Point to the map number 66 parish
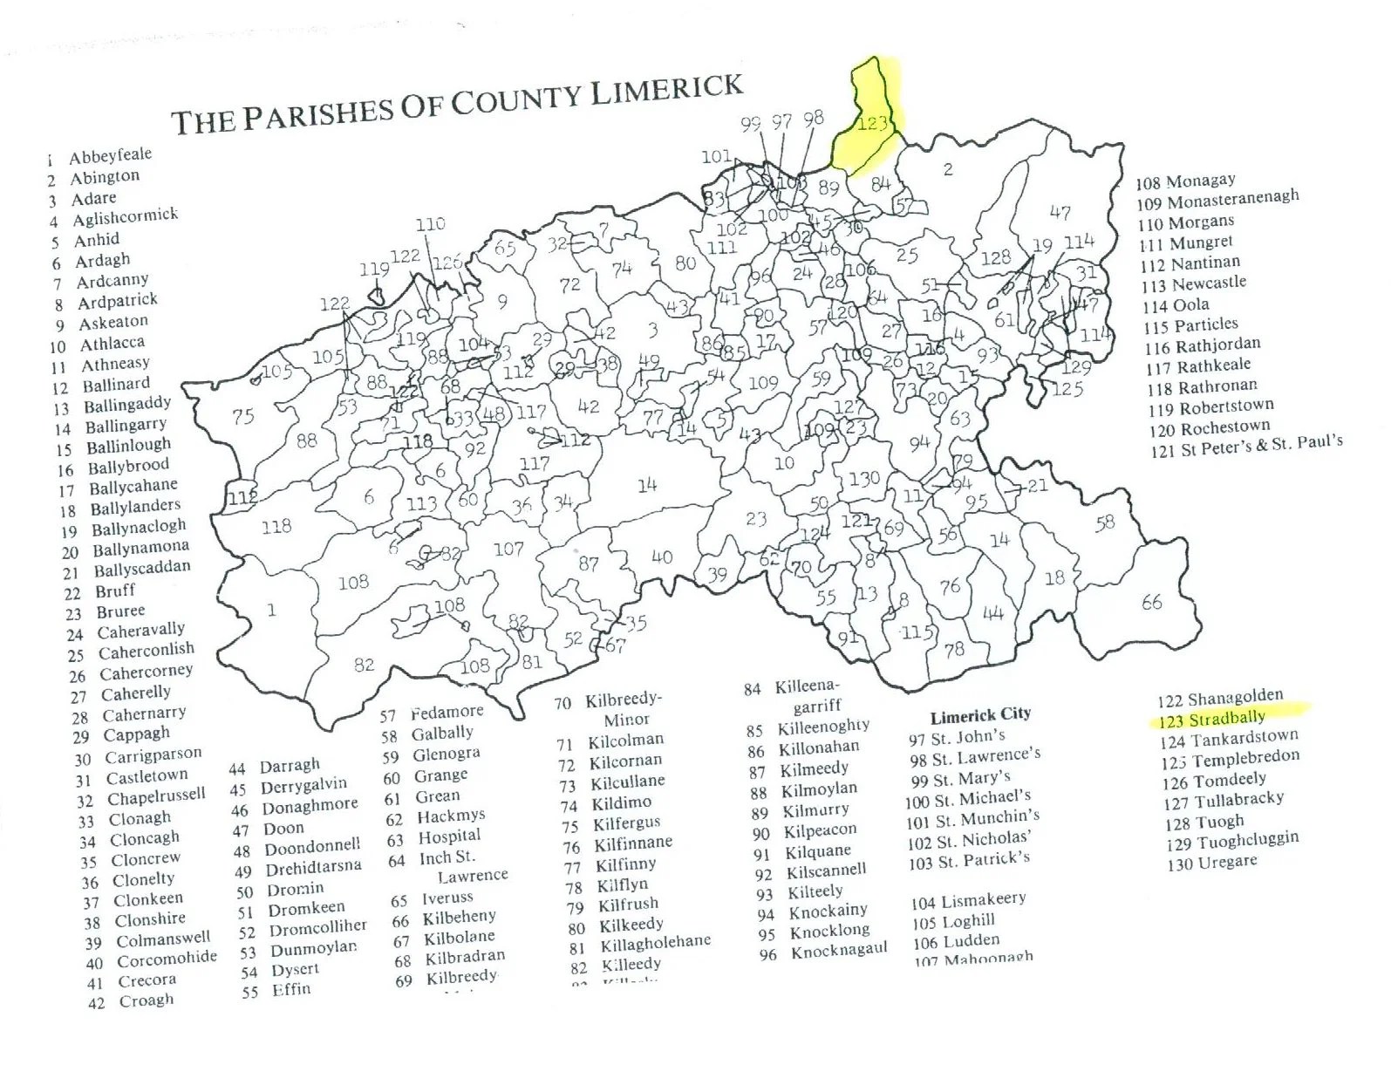coord(1151,602)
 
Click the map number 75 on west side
coord(243,416)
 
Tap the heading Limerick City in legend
coord(979,715)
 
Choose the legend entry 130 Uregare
coord(1212,862)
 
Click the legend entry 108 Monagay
coord(1186,181)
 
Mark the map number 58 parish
coord(1105,522)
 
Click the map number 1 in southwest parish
coord(271,609)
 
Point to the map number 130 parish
coord(864,478)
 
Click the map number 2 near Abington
coord(947,169)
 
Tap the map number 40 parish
coord(662,556)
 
